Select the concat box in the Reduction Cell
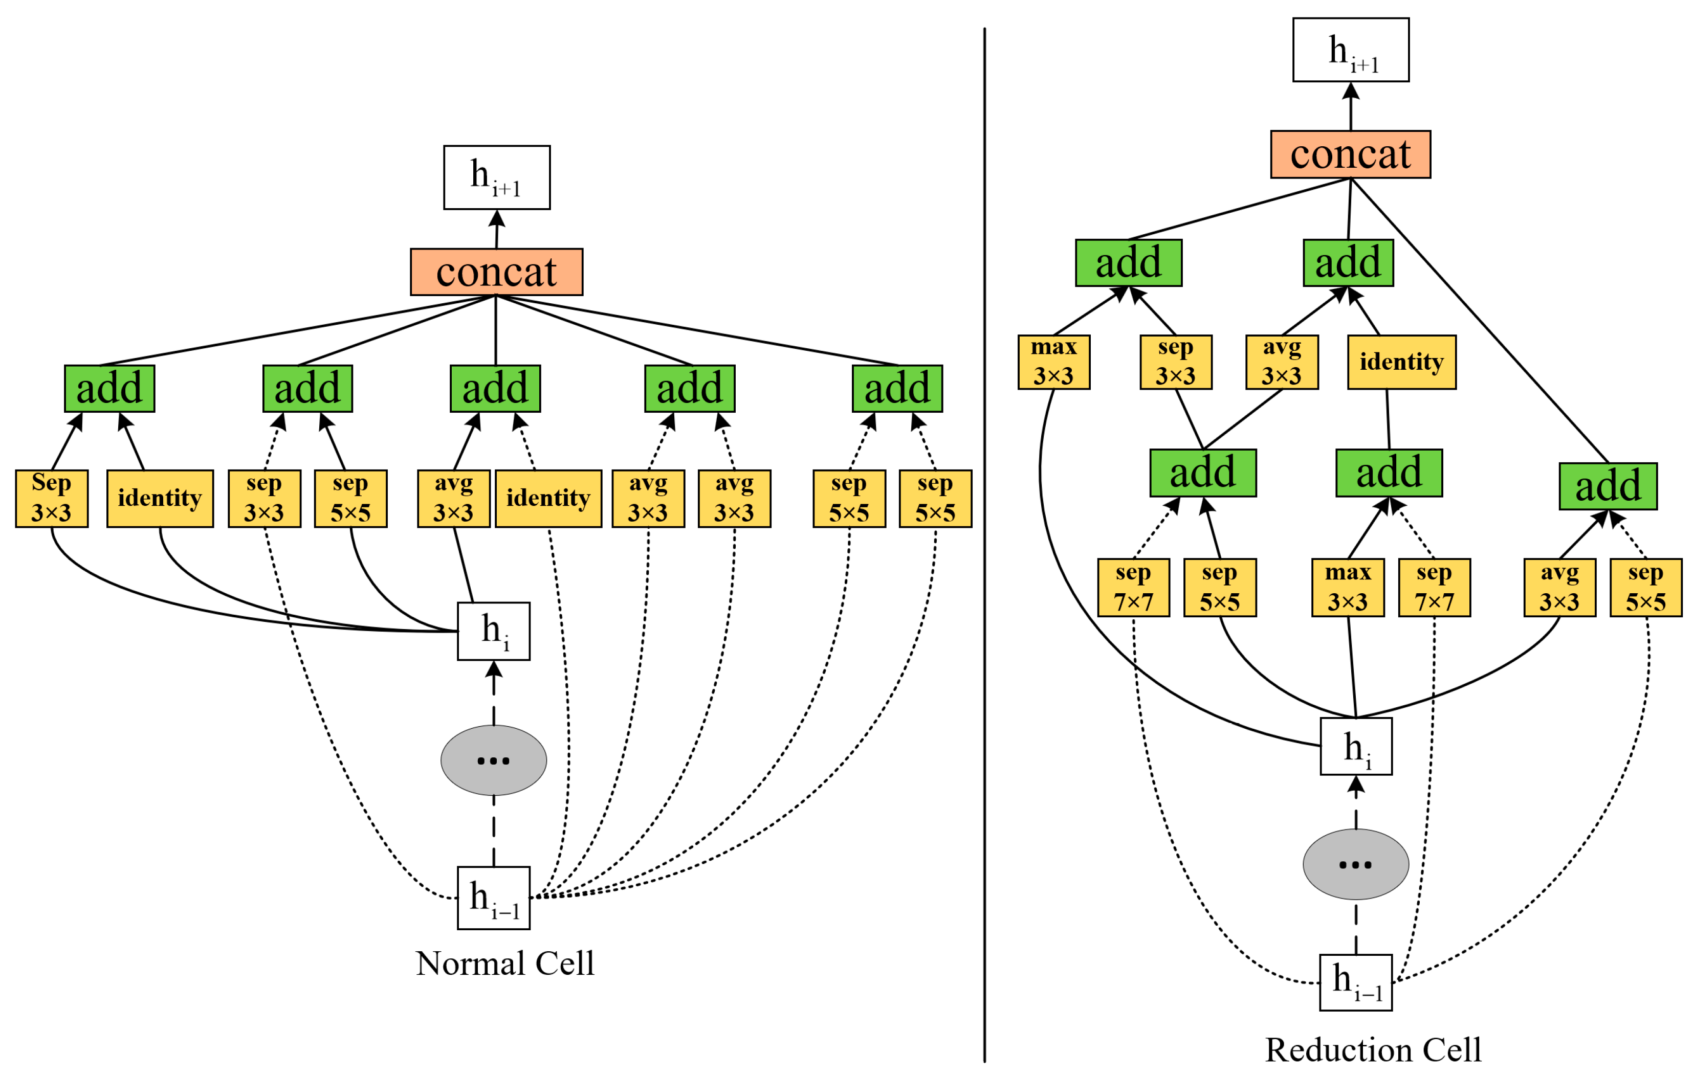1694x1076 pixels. (x=1350, y=154)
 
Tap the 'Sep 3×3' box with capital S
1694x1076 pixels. (x=51, y=498)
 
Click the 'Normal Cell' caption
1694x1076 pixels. (x=504, y=963)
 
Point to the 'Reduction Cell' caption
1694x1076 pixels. (x=1373, y=1049)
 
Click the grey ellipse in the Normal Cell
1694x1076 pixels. (x=493, y=760)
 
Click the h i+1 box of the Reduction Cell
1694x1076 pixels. (x=1350, y=50)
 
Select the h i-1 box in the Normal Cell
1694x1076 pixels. (x=493, y=898)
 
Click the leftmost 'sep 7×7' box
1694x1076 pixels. (x=1133, y=587)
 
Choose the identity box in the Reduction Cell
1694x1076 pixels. (x=1401, y=362)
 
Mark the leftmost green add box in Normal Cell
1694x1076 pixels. (x=109, y=388)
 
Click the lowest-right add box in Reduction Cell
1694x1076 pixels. (x=1608, y=486)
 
